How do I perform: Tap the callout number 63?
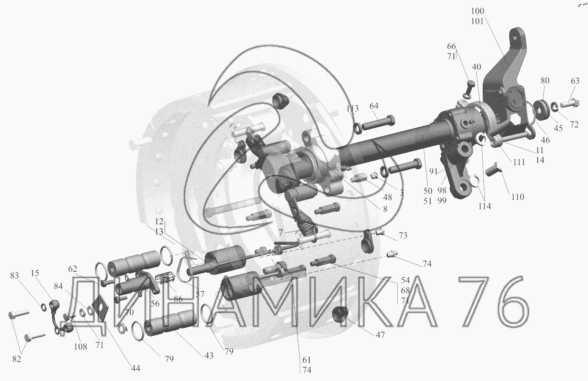(575, 81)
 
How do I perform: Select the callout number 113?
(352, 108)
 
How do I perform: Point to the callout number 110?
(518, 197)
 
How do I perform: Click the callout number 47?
(380, 334)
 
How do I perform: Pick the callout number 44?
(135, 368)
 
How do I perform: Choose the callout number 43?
(209, 356)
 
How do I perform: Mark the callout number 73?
(403, 235)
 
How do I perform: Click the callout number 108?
(80, 347)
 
